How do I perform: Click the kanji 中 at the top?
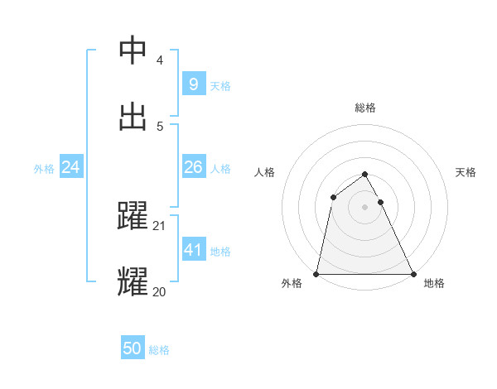point(133,50)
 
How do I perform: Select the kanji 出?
point(133,115)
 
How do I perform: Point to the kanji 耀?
point(133,281)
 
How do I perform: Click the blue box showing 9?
point(193,84)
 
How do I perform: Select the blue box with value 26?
point(193,167)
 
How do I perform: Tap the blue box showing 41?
point(193,249)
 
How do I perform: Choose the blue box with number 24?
point(71,167)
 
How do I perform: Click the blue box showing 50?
point(133,348)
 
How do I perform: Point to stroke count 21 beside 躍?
point(160,226)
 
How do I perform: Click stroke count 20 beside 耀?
point(159,291)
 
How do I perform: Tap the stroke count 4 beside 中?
point(160,60)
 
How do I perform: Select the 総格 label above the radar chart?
point(364,108)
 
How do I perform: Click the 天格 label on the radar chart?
point(466,172)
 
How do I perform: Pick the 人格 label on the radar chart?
point(264,172)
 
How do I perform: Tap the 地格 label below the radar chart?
point(434,283)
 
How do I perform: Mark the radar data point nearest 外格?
point(316,273)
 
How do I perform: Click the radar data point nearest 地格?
point(413,273)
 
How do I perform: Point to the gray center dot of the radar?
point(364,207)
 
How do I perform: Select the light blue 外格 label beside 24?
point(44,168)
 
